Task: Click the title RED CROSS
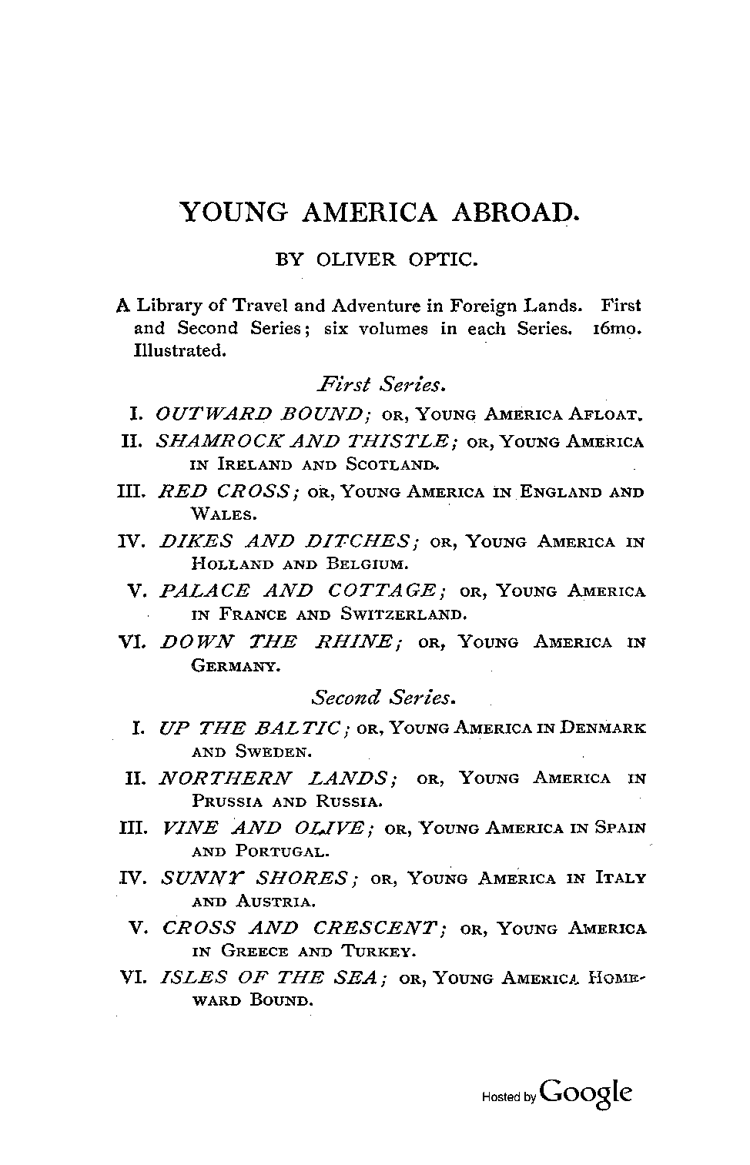(227, 491)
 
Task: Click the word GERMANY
(235, 665)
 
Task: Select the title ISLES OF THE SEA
(270, 978)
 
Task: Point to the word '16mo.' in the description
(616, 328)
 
